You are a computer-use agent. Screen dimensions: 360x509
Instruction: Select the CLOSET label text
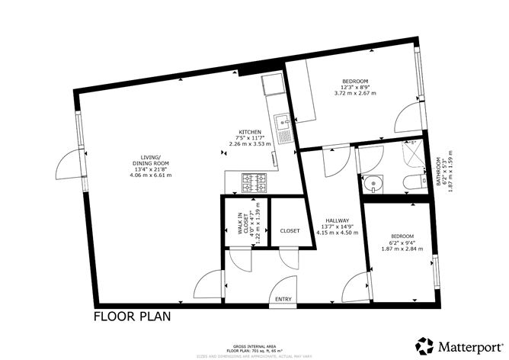pos(290,230)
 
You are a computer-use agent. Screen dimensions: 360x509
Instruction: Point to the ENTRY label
pos(283,299)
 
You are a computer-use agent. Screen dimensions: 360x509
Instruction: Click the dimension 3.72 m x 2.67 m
pos(355,94)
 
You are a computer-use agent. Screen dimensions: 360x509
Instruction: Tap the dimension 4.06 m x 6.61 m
pos(150,175)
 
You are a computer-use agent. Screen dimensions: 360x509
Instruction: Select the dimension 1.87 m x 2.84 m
pos(402,249)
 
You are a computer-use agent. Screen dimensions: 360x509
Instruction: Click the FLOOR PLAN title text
pos(132,315)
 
